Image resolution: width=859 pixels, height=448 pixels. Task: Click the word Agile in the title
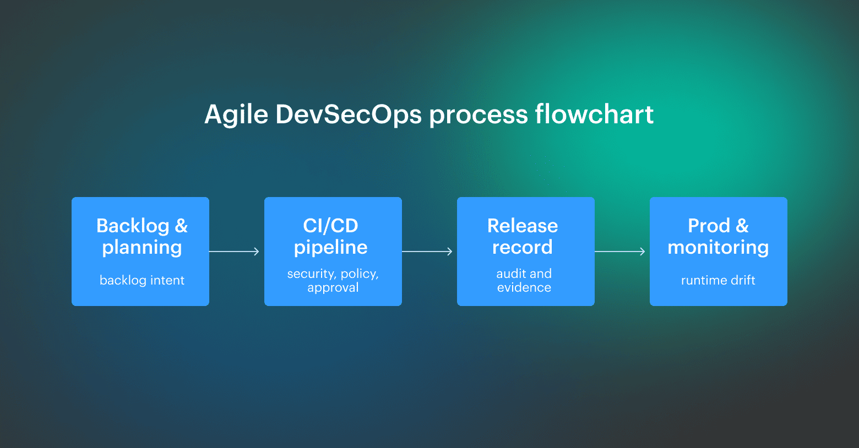coord(236,115)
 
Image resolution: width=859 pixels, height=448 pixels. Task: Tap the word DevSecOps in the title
coord(349,115)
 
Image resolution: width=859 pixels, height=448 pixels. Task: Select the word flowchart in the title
coord(594,114)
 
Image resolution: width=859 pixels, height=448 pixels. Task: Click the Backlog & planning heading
coord(142,236)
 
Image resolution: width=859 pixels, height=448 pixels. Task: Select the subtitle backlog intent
coord(142,280)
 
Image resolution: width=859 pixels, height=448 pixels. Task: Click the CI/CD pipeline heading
coord(331,236)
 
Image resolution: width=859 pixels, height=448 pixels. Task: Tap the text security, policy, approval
coord(333,280)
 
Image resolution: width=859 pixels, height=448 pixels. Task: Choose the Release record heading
coord(523,236)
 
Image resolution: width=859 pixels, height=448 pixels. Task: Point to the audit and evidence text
coord(524,280)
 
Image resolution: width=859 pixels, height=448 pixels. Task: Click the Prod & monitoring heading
coord(718,236)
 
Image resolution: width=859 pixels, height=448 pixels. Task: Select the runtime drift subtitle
coord(718,280)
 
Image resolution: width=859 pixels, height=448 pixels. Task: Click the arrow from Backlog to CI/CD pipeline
coord(235,252)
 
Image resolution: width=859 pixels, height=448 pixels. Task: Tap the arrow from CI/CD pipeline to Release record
coord(428,252)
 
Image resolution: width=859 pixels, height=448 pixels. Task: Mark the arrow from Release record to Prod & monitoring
coord(621,252)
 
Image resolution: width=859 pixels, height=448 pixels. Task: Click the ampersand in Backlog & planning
coord(181,226)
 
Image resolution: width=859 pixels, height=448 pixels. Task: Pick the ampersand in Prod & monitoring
coord(742,226)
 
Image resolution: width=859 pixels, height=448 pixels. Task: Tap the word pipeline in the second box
coord(331,248)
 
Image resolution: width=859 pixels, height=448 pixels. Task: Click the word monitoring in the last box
coord(718,248)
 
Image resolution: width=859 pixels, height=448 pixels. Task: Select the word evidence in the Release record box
coord(524,287)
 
